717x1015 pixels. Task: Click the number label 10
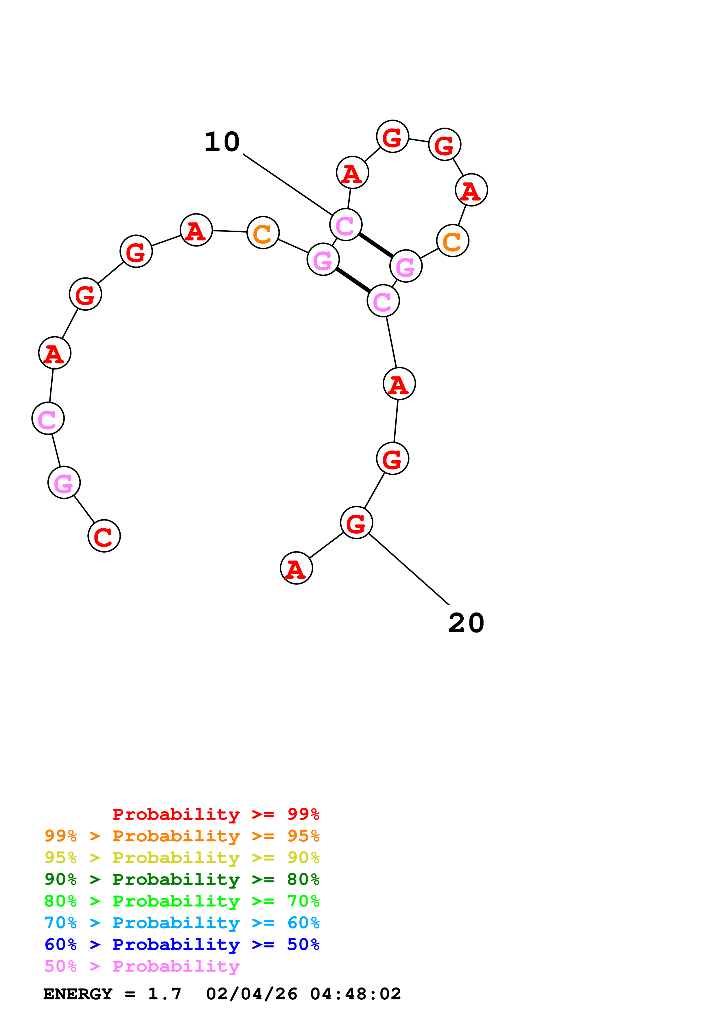pos(222,142)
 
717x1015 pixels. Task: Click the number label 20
pos(466,623)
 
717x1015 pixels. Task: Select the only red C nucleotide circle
pos(104,536)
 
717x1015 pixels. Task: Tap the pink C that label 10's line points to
pos(345,225)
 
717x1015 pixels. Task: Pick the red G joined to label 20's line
pos(356,523)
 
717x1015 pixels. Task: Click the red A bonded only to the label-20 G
pos(296,568)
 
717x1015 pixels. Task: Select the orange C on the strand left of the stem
pos(263,233)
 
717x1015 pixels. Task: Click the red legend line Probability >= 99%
pos(215,814)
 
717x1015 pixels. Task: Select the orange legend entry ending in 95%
pos(182,836)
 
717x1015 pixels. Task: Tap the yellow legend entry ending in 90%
pos(182,858)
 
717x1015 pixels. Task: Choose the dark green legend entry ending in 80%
pos(182,879)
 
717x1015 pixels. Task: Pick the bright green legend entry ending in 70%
pos(182,901)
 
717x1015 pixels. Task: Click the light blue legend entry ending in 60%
pos(182,923)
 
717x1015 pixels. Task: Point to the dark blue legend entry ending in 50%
pos(182,944)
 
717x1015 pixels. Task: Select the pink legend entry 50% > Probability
pos(142,966)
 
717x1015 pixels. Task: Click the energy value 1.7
pos(164,994)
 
